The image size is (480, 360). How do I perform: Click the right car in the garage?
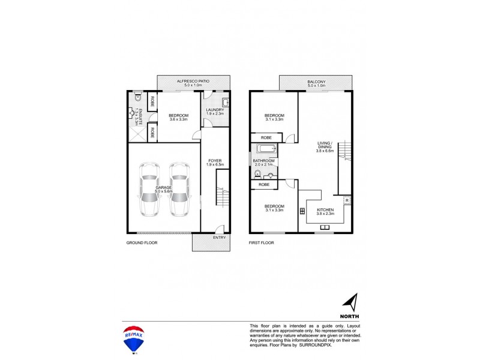179,188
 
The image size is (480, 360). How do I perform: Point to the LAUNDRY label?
215,110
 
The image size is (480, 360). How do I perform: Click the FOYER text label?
215,161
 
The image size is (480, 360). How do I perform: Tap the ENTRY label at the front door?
219,238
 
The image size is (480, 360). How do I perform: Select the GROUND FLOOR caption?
142,244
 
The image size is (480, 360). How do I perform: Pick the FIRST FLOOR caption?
262,244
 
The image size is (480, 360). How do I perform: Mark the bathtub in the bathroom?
266,151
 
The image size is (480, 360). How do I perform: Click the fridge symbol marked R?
347,199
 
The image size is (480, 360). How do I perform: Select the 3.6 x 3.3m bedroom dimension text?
178,120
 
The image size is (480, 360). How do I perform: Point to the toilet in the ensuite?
137,98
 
